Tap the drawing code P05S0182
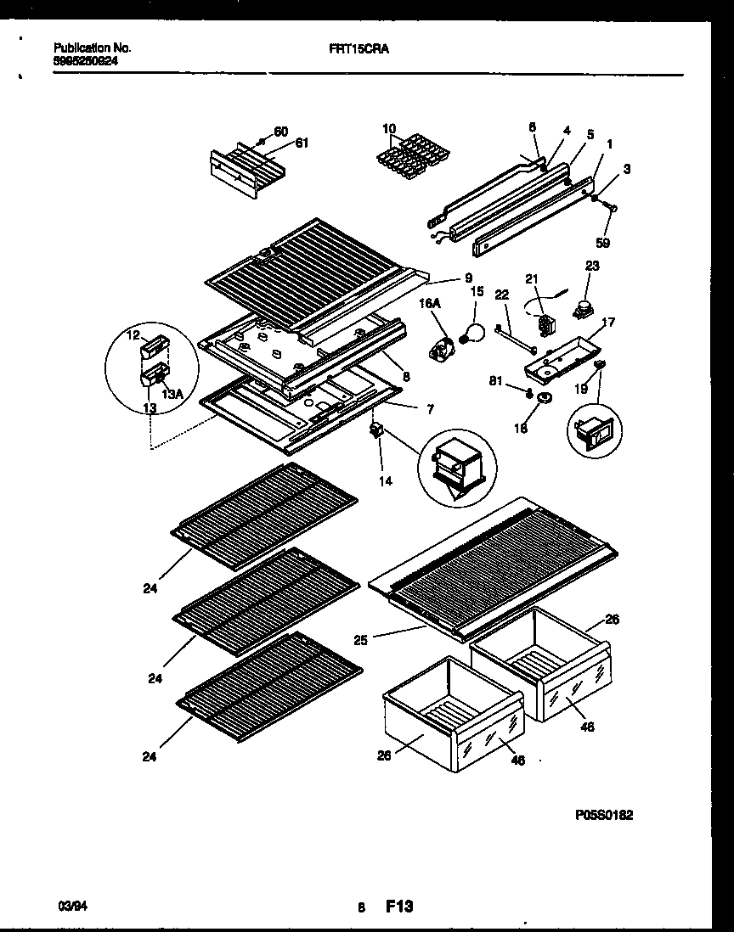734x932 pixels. pos(603,814)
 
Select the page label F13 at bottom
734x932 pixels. pos(399,907)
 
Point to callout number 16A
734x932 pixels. pos(428,300)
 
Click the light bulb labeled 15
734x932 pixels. pos(472,334)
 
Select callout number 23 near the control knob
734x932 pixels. pos(591,266)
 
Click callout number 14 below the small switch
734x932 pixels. pos(386,480)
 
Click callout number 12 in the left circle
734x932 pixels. pos(133,337)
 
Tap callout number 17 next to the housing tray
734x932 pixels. pos(608,323)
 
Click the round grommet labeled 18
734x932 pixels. pos(543,400)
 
